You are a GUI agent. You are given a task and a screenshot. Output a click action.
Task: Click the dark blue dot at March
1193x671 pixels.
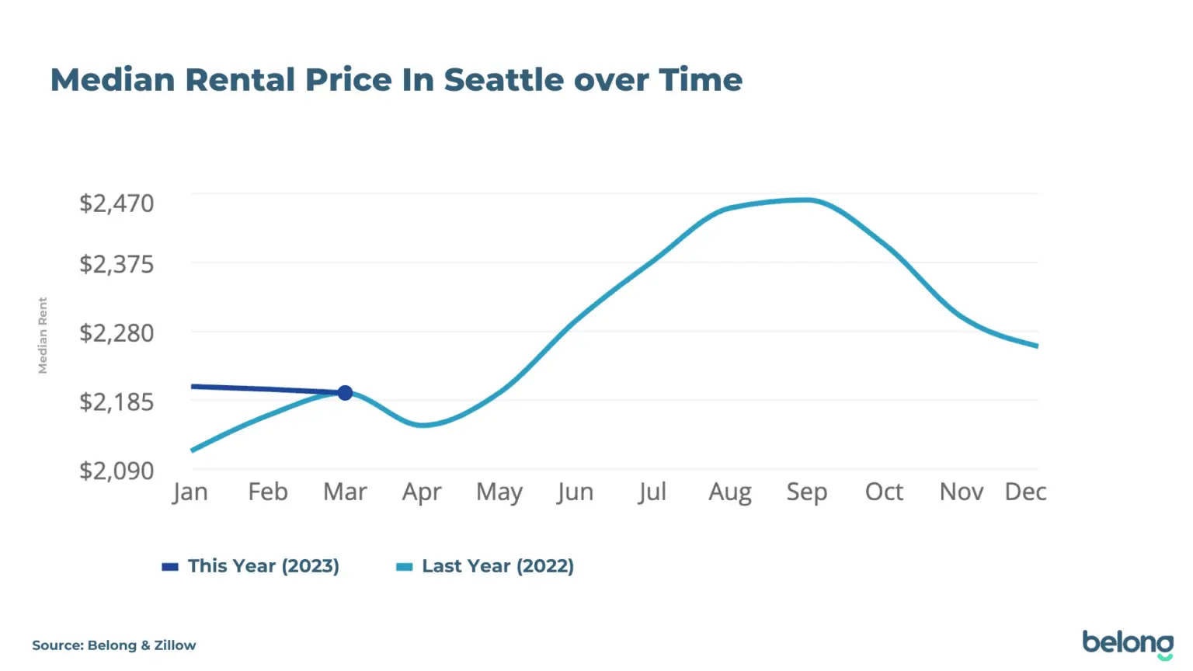(345, 393)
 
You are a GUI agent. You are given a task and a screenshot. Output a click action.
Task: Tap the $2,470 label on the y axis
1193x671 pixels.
(117, 203)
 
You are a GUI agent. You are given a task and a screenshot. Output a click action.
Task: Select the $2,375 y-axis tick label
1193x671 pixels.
(117, 264)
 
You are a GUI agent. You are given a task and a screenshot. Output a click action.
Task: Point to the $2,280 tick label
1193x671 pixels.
(117, 333)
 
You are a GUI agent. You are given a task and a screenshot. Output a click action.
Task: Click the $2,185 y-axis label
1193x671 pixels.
(117, 402)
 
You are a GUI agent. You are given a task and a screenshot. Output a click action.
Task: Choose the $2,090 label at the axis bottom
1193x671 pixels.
(117, 471)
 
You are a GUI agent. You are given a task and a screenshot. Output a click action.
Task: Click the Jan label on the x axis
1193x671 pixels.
(190, 492)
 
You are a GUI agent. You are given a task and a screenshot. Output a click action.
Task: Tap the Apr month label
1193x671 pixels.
(422, 492)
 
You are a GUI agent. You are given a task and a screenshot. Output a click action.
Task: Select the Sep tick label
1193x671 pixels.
(807, 492)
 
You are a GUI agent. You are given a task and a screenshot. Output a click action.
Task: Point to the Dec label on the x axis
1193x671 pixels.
(1025, 492)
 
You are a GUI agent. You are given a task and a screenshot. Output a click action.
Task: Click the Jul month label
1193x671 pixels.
(652, 492)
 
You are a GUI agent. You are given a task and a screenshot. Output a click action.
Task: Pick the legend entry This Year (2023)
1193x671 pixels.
(263, 565)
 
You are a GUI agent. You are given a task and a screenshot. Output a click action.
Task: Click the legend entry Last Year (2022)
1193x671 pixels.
(498, 565)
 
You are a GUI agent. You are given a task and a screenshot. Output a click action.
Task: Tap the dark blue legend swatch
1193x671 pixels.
(170, 567)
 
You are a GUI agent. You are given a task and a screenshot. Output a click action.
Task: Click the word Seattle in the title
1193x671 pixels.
(504, 80)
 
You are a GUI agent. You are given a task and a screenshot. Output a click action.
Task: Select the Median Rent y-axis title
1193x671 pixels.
(43, 335)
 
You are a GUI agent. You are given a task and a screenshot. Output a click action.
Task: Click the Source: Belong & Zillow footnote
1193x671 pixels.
(114, 645)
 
